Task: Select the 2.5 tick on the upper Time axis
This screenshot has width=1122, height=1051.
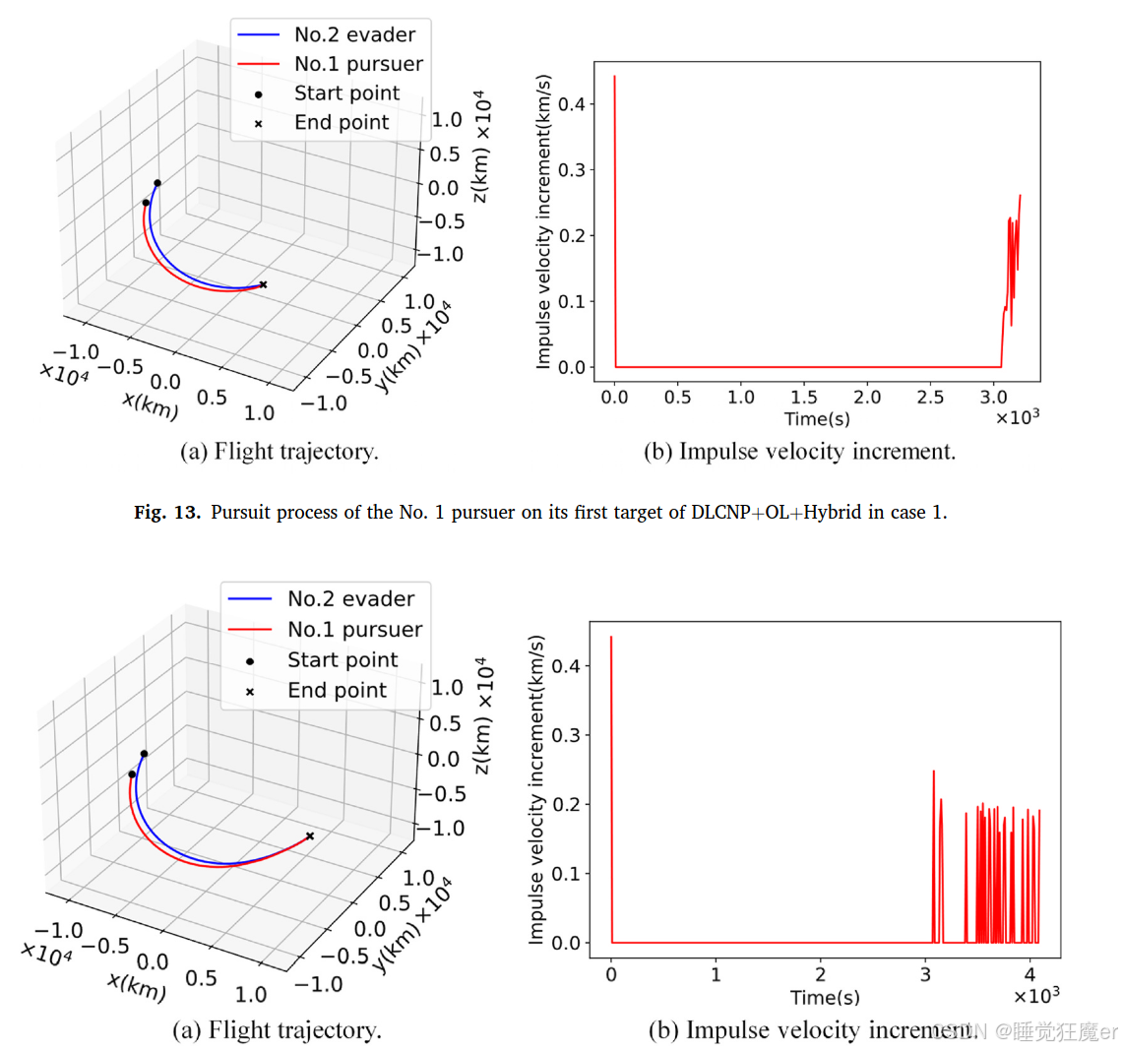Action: [930, 398]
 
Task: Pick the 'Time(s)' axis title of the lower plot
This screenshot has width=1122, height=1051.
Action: [825, 998]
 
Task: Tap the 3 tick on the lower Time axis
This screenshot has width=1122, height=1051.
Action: [925, 974]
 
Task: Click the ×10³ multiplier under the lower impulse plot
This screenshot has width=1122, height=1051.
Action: [1036, 996]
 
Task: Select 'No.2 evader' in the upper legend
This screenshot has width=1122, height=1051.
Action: [354, 35]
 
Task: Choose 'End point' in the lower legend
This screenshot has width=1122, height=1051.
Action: [337, 691]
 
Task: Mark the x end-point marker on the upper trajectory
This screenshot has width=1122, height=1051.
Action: [263, 284]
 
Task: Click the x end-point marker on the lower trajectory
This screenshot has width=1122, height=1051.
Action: [310, 836]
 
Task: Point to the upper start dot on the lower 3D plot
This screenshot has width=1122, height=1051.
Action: [144, 754]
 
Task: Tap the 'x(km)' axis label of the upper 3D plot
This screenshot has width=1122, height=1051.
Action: [151, 403]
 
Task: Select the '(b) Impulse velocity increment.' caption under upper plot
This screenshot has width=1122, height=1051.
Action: [799, 452]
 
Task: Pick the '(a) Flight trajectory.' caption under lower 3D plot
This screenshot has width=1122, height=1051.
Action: [277, 1030]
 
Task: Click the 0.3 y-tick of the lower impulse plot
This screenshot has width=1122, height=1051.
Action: [566, 735]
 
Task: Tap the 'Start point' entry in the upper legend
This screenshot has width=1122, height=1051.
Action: [346, 93]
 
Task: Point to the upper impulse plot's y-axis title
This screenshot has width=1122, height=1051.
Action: [543, 222]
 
